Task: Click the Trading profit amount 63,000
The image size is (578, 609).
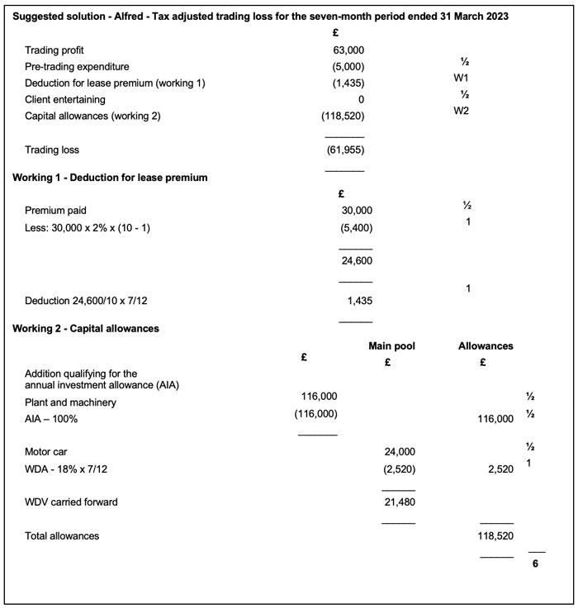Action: (348, 50)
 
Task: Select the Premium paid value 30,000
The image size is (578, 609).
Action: (356, 211)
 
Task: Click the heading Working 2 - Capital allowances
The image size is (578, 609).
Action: (86, 328)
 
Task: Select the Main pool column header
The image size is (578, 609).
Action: (391, 346)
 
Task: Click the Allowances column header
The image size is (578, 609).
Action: (486, 346)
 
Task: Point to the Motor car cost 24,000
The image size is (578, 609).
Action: (400, 452)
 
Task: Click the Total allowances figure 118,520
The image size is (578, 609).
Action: (496, 536)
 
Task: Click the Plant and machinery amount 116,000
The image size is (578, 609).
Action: (320, 397)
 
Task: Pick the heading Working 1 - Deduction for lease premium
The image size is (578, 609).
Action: (110, 177)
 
